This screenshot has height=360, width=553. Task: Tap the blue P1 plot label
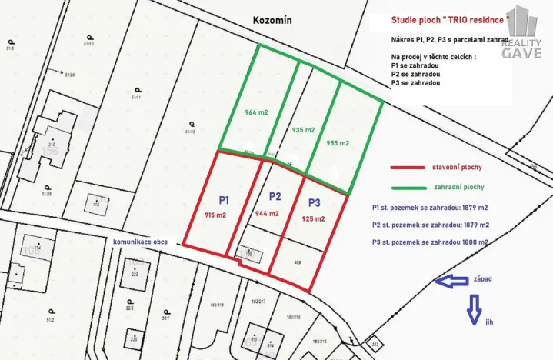pyautogui.click(x=224, y=199)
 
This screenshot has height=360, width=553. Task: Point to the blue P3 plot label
pyautogui.click(x=315, y=203)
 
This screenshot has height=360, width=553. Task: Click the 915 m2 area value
pyautogui.click(x=215, y=215)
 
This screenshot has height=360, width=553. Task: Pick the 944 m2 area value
pyautogui.click(x=267, y=213)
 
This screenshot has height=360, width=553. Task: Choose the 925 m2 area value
pyautogui.click(x=314, y=219)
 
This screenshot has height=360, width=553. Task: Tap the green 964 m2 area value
pyautogui.click(x=256, y=112)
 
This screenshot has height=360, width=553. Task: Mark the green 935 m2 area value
pyautogui.click(x=304, y=130)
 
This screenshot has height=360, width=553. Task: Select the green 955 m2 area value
pyautogui.click(x=338, y=143)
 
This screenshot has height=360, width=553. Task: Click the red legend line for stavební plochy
pyautogui.click(x=419, y=165)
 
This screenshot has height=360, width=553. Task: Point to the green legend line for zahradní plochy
pyautogui.click(x=419, y=187)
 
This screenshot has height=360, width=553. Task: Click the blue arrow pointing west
pyautogui.click(x=451, y=282)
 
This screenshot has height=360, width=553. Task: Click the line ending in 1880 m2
pyautogui.click(x=431, y=243)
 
